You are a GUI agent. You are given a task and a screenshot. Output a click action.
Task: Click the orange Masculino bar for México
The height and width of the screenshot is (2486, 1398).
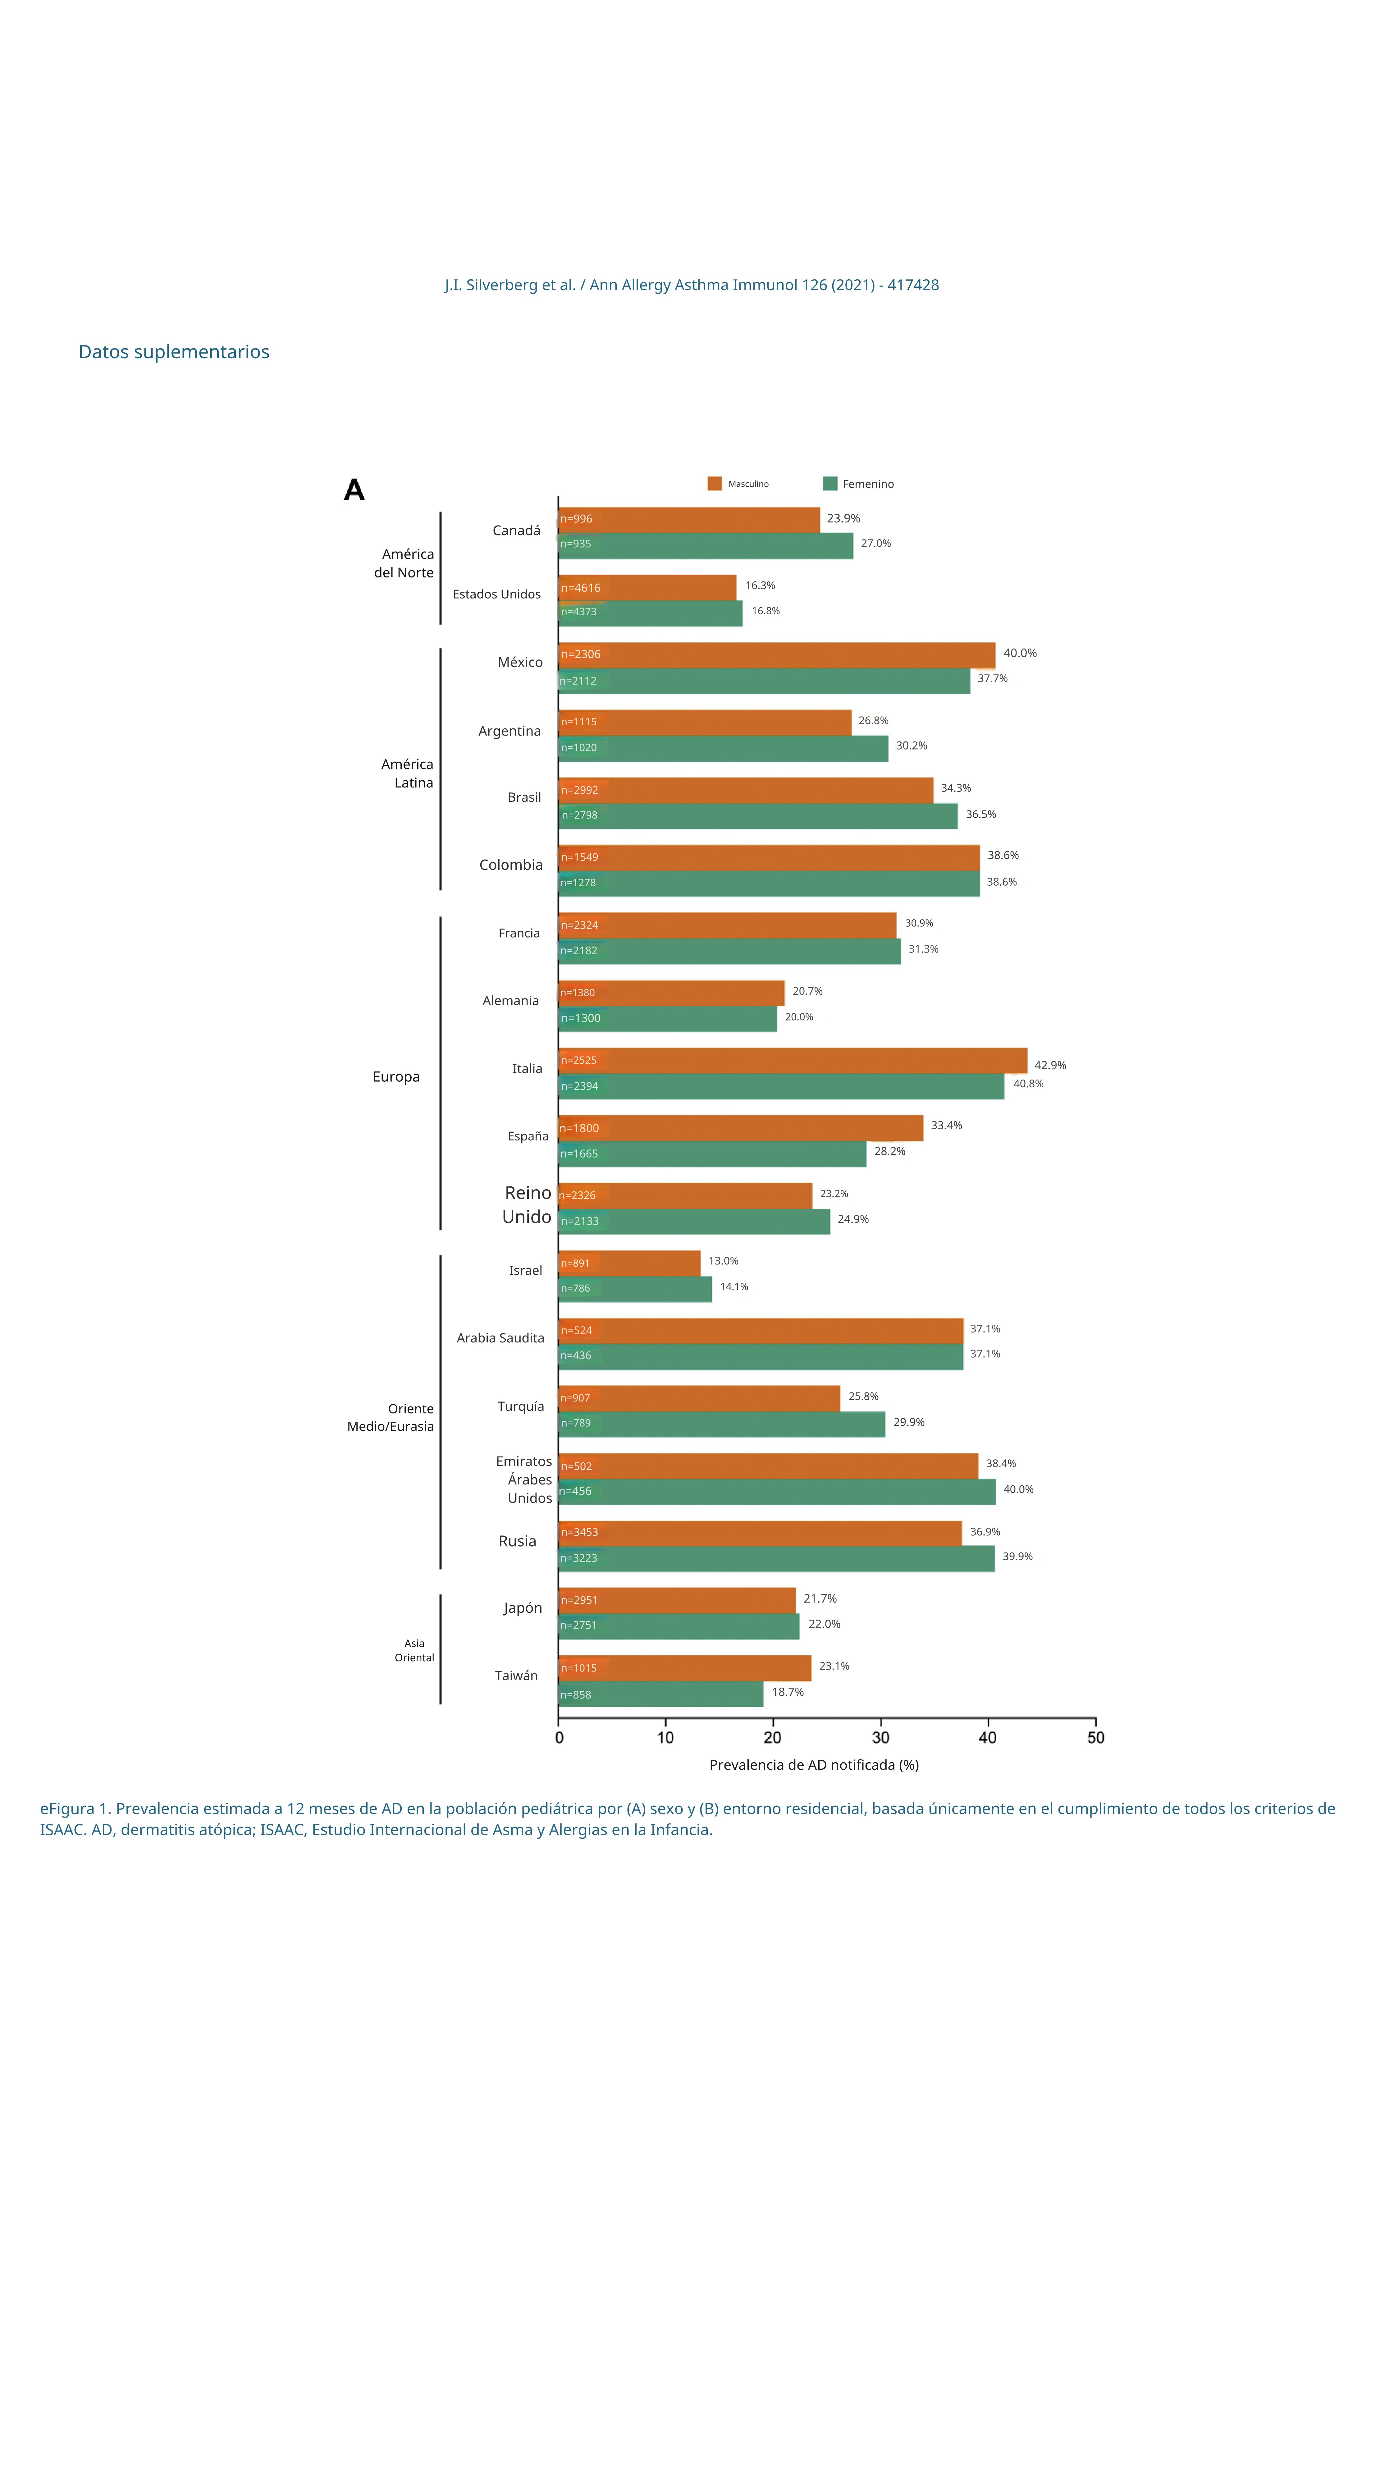pyautogui.click(x=777, y=655)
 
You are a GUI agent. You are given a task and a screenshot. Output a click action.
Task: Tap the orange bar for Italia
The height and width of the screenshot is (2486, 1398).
pyautogui.click(x=792, y=1061)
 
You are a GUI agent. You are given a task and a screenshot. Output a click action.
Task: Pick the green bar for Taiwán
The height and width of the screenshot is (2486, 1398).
pyautogui.click(x=661, y=1694)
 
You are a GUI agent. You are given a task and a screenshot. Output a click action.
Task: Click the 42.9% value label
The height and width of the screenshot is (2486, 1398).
pyautogui.click(x=1050, y=1066)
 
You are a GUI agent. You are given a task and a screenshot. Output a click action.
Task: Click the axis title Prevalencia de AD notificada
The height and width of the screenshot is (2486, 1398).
pyautogui.click(x=813, y=1765)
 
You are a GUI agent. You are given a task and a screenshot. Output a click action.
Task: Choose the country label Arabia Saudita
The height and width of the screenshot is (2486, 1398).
pyautogui.click(x=500, y=1337)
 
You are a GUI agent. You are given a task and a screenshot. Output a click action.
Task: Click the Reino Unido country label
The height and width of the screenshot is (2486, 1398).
pyautogui.click(x=527, y=1204)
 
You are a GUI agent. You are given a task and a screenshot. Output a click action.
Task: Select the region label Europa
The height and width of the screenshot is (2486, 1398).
pyautogui.click(x=395, y=1077)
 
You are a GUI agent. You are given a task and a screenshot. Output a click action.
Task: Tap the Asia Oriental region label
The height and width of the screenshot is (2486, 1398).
pyautogui.click(x=414, y=1650)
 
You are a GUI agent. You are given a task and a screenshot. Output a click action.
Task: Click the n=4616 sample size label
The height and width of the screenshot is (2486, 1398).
pyautogui.click(x=581, y=588)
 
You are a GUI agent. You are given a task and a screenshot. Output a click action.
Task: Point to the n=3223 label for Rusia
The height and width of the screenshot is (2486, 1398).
pyautogui.click(x=579, y=1557)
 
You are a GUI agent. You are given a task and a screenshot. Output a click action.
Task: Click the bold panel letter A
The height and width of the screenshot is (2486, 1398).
pyautogui.click(x=354, y=490)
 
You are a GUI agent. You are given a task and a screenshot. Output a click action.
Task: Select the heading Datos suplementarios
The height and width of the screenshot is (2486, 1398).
pyautogui.click(x=174, y=352)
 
